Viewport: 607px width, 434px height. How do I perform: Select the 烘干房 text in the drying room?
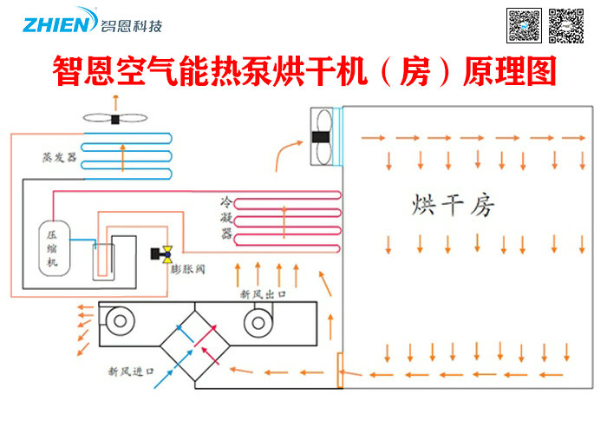pos(453,206)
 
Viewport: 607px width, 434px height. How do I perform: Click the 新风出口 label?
pos(264,295)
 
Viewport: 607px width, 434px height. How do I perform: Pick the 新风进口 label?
pos(131,372)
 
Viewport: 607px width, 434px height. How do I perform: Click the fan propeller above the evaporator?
pos(114,119)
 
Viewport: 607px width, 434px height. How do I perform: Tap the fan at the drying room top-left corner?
pos(320,136)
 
